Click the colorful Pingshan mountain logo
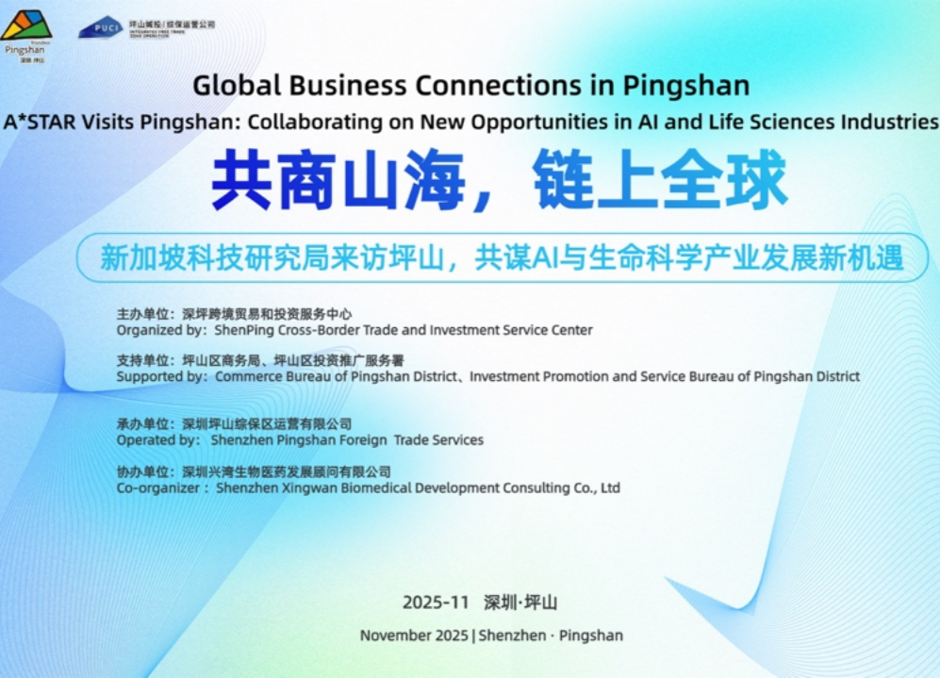26,25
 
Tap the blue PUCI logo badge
100,27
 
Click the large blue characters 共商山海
337,180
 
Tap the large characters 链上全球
660,180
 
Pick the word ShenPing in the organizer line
244,330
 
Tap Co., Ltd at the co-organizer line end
597,488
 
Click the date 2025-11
435,603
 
